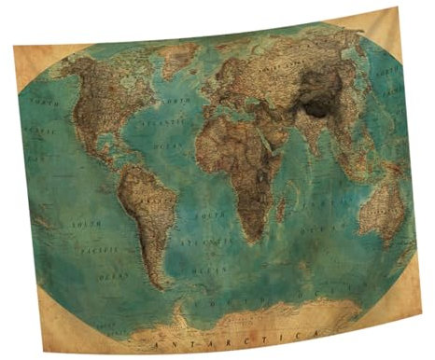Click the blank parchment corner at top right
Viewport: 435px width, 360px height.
(x=390, y=25)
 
